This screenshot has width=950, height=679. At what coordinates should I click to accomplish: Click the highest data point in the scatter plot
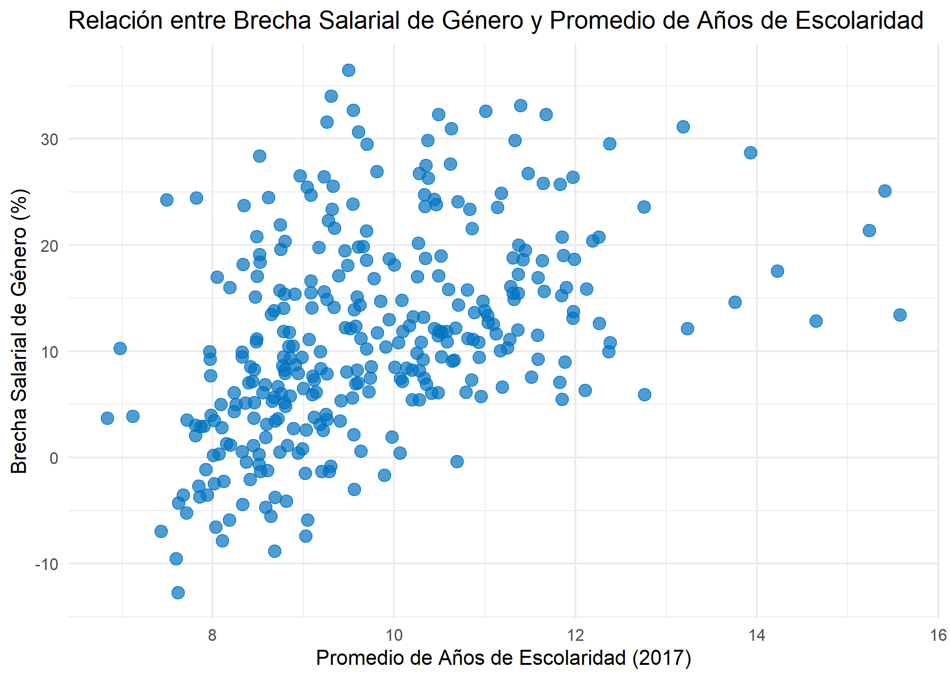pos(348,70)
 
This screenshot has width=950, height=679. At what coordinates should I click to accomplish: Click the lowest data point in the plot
pos(178,592)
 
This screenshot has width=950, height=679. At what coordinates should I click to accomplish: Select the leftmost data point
pos(107,418)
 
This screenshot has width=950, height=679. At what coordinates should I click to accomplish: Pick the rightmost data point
pos(900,315)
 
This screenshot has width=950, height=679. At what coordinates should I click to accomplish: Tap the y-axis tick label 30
pos(49,140)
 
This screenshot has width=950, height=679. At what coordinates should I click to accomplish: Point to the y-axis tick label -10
pos(46,564)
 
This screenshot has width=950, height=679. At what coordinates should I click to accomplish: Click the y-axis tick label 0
pos(53,458)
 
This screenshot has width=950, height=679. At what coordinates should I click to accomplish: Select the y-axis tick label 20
pos(49,246)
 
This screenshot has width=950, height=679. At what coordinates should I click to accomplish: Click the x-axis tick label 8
pos(213,636)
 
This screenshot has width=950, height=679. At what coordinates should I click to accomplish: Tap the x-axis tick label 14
pos(757,636)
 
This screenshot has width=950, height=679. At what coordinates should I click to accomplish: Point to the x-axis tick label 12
pos(575,636)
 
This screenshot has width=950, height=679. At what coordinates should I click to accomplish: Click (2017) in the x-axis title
pos(662,658)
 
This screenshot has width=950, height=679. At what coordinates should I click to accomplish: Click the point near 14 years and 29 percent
pos(751,153)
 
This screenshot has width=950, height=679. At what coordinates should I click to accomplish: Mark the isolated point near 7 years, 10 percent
pos(120,348)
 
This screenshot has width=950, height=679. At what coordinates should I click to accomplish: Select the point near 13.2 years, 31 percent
pos(683,127)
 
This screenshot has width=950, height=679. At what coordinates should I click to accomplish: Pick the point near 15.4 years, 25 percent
pos(885,191)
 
